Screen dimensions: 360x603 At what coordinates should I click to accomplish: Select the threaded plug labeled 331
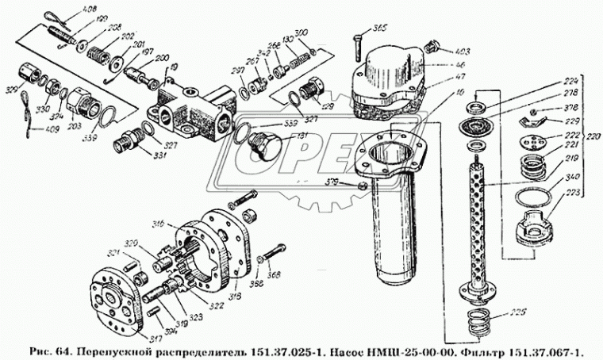125,146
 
